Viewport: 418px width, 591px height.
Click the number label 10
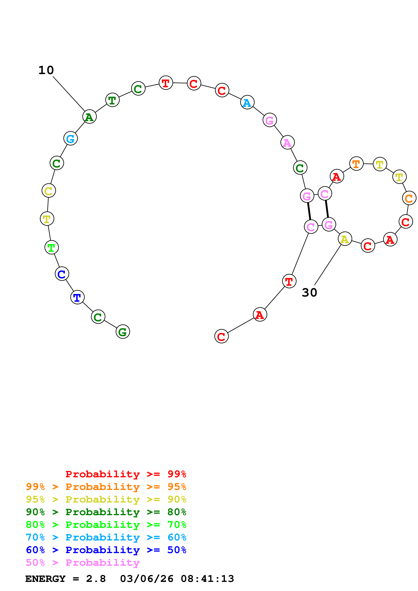coord(46,70)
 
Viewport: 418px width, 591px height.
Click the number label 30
coord(309,293)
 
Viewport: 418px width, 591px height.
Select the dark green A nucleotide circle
coord(89,117)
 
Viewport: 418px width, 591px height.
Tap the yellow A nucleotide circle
coord(345,239)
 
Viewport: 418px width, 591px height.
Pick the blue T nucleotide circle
coord(77,297)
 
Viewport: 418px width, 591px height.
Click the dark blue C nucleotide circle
coord(62,274)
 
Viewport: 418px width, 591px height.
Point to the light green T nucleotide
coord(51,247)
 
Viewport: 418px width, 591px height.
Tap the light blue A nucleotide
coord(247,102)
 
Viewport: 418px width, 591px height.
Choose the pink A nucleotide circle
coord(287,142)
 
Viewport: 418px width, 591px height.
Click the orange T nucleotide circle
coord(356,163)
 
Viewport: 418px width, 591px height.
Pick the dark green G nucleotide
coord(123,332)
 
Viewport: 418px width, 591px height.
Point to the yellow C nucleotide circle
coord(49,191)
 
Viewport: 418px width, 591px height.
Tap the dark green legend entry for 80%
coord(106,512)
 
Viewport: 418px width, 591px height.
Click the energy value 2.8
coord(96,579)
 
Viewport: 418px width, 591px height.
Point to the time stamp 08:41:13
coord(207,579)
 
